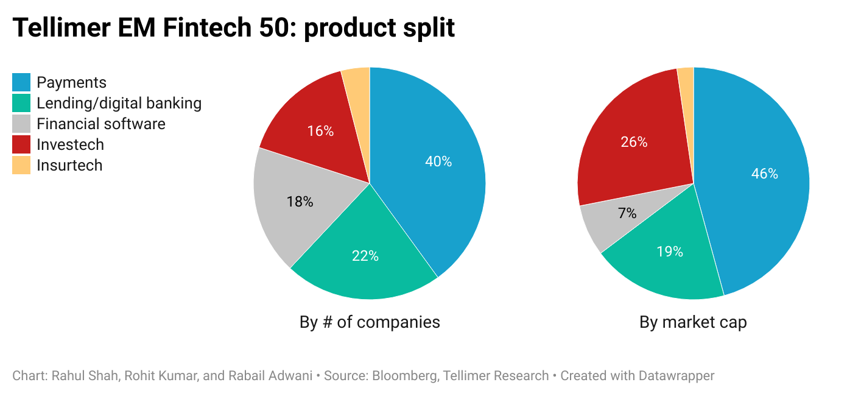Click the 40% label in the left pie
[x=438, y=161]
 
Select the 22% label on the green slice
[x=365, y=256]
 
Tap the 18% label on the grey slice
[x=300, y=202]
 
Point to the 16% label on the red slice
[x=320, y=131]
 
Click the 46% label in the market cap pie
[x=765, y=174]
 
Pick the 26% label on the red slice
[x=634, y=142]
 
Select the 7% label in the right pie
[x=627, y=213]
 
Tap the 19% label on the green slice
[x=670, y=252]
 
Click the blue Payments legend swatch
[x=21, y=83]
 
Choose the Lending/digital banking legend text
[x=119, y=104]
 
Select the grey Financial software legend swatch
[x=21, y=124]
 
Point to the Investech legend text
[x=70, y=145]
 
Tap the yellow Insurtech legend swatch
[x=21, y=166]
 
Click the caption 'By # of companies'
[x=370, y=322]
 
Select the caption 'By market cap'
[x=693, y=322]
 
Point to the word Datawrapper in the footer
[x=676, y=376]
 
